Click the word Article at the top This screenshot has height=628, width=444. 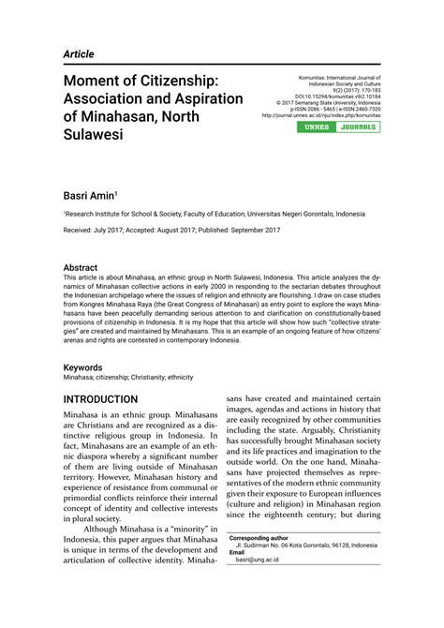pyautogui.click(x=82, y=55)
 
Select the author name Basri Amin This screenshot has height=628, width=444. pyautogui.click(x=90, y=196)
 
